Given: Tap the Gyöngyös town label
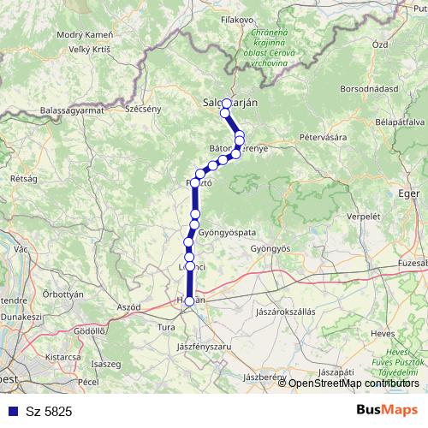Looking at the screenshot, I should pyautogui.click(x=270, y=248).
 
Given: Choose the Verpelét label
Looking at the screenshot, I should pyautogui.click(x=363, y=217).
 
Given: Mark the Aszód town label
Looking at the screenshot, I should pyautogui.click(x=128, y=306).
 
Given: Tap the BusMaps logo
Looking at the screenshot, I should pyautogui.click(x=386, y=411).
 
